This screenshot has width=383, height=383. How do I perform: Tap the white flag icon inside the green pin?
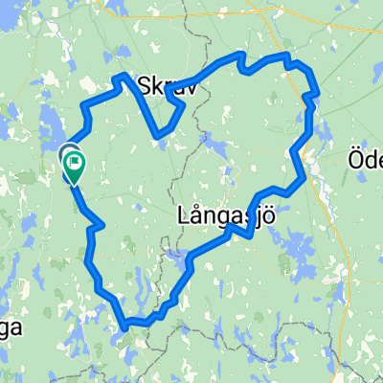pyautogui.click(x=74, y=162)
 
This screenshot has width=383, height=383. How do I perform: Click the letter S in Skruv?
pyautogui.click(x=146, y=86)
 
